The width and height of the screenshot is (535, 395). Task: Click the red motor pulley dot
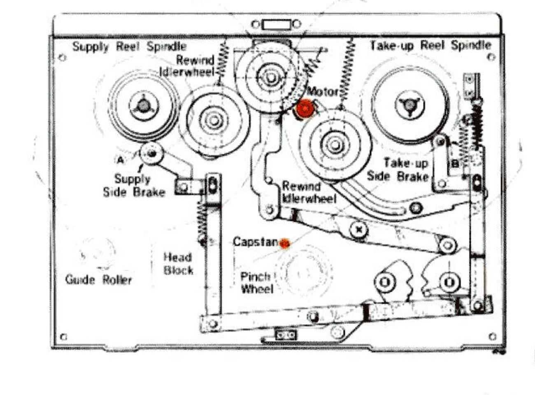[x=305, y=109]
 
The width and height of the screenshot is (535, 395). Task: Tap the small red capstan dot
[x=285, y=244]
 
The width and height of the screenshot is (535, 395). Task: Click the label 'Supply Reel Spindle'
[x=130, y=46]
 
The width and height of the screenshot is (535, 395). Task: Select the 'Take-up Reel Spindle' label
[x=430, y=45]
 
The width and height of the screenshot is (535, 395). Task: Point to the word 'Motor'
[x=323, y=92]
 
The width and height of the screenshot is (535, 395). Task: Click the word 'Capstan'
[x=256, y=242]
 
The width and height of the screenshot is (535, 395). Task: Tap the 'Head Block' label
[x=178, y=264]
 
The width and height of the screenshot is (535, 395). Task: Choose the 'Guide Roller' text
[x=99, y=280]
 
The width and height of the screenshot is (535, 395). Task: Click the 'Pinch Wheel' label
[x=257, y=283]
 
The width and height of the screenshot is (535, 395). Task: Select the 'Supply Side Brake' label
[x=134, y=186]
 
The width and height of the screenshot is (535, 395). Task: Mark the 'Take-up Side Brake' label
[x=398, y=169]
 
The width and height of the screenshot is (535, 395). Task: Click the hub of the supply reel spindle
[x=144, y=106]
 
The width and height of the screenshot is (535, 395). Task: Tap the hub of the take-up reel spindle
[x=409, y=105]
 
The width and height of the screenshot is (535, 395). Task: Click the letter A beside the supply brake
[x=120, y=160]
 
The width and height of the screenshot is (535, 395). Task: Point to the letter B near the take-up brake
[x=455, y=164]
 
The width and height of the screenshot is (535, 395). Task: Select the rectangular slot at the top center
[x=277, y=25]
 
